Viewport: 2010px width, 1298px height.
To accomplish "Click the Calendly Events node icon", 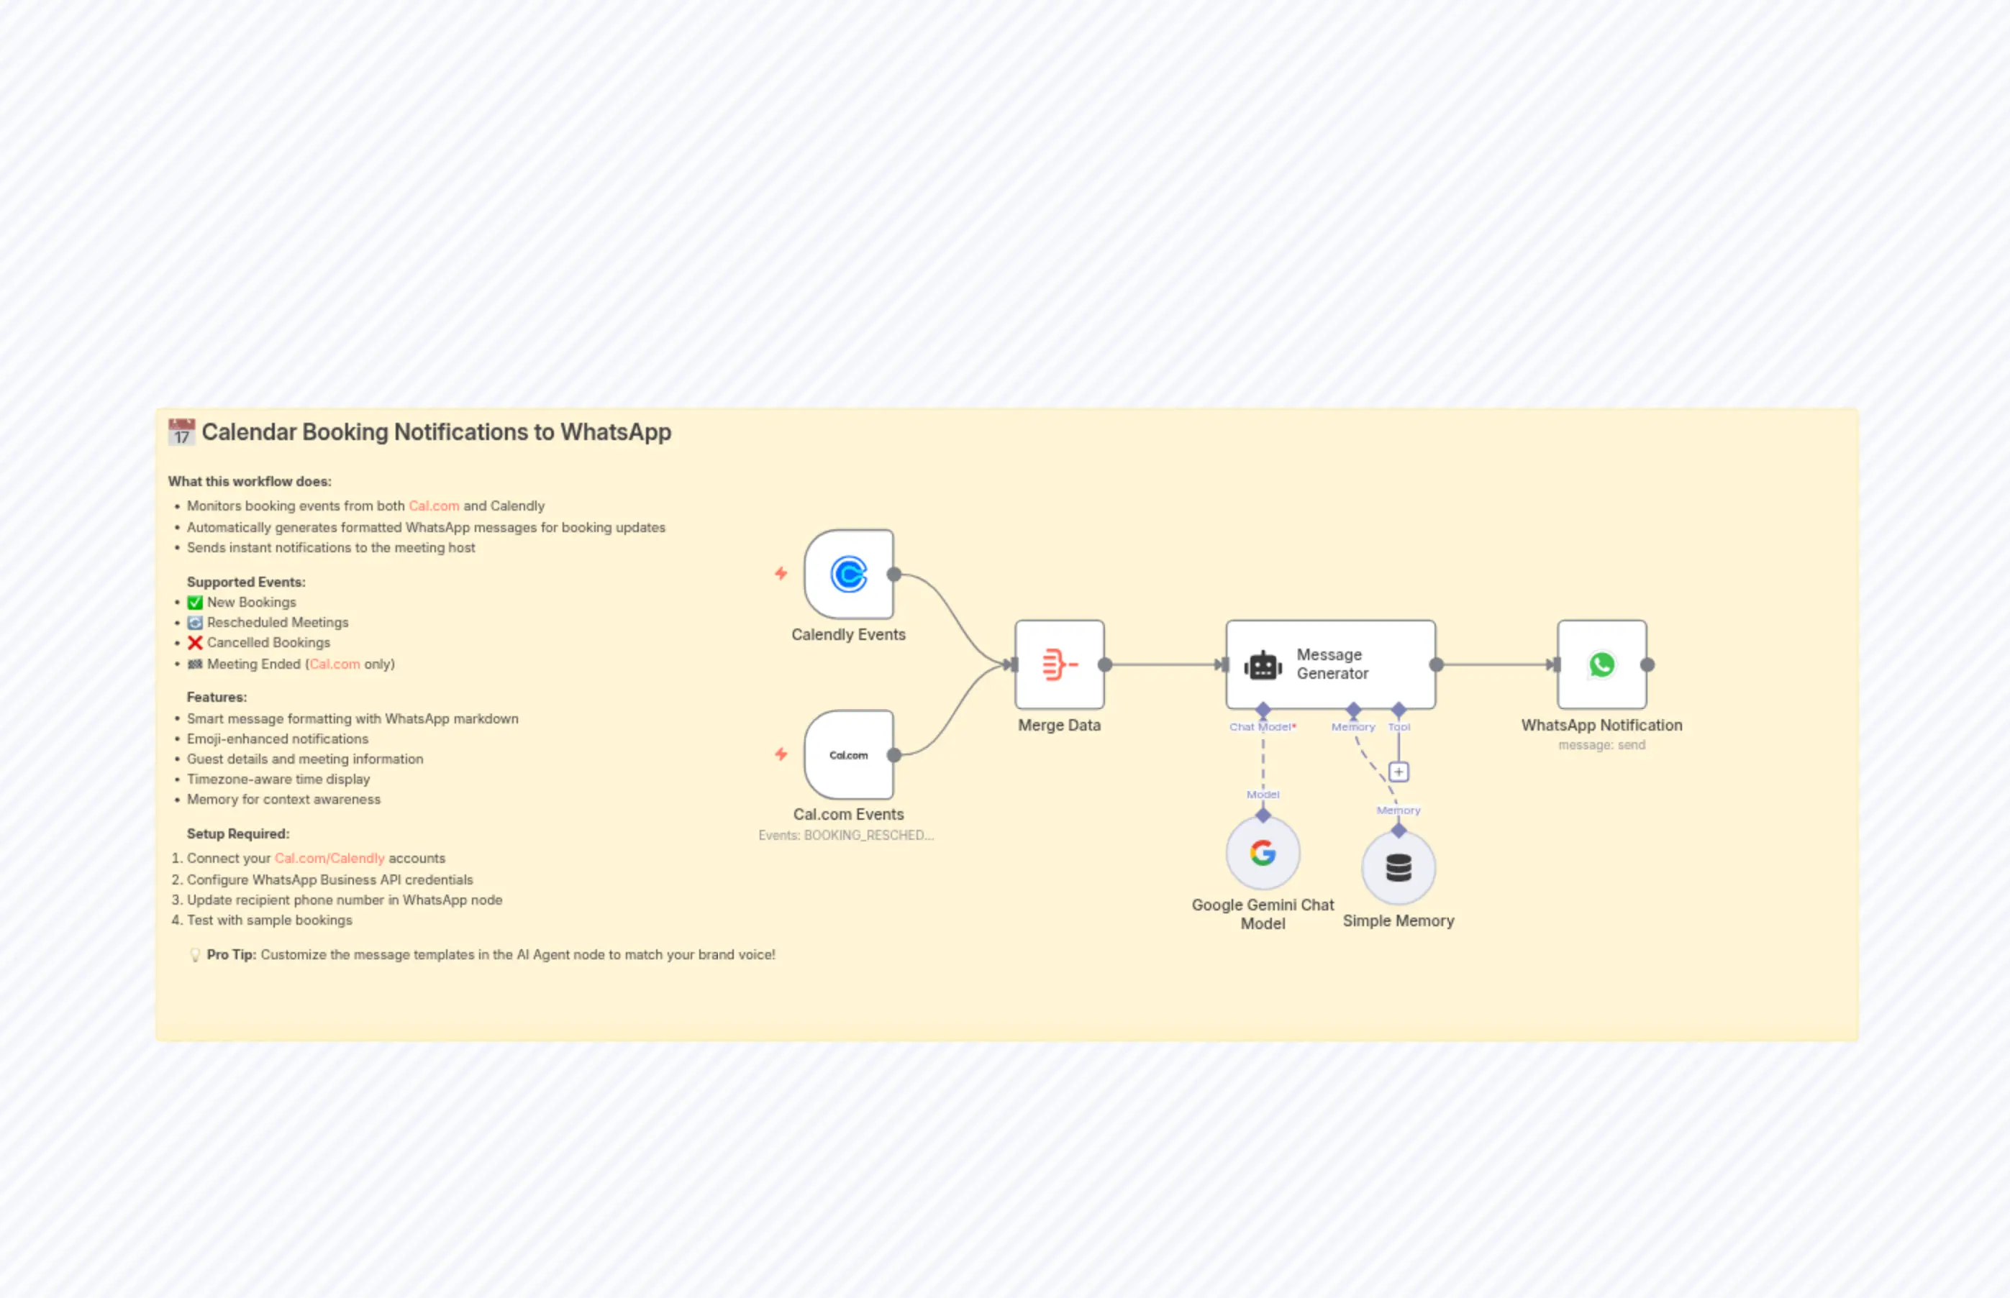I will (848, 575).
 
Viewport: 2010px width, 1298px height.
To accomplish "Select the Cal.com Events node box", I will (848, 754).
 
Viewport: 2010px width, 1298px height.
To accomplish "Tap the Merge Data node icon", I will (1059, 664).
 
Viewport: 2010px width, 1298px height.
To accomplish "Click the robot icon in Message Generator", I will (1262, 666).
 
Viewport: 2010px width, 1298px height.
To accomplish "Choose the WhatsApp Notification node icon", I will (1601, 664).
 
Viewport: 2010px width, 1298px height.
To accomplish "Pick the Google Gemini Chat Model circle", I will (1262, 853).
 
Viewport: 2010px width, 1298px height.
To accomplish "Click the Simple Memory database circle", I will (1398, 868).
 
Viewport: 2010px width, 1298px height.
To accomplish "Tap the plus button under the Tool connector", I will (1398, 771).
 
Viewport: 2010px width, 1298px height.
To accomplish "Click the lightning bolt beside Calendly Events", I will (781, 574).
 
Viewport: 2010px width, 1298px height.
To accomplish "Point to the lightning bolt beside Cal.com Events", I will (781, 754).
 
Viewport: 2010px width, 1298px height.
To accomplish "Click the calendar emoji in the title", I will (181, 432).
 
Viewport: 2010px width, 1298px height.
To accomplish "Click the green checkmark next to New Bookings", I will (195, 603).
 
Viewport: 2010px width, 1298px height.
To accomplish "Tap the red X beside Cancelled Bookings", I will (195, 643).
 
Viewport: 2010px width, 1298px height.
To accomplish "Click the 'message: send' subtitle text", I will (1601, 745).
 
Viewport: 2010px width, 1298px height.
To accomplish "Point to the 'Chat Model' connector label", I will (1261, 726).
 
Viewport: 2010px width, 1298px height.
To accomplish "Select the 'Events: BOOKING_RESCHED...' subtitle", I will (845, 836).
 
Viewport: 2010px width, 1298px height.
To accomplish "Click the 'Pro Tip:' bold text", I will (231, 955).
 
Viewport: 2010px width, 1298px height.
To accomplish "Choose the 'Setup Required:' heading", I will (237, 833).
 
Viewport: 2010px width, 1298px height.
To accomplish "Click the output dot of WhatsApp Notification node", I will (1647, 664).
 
